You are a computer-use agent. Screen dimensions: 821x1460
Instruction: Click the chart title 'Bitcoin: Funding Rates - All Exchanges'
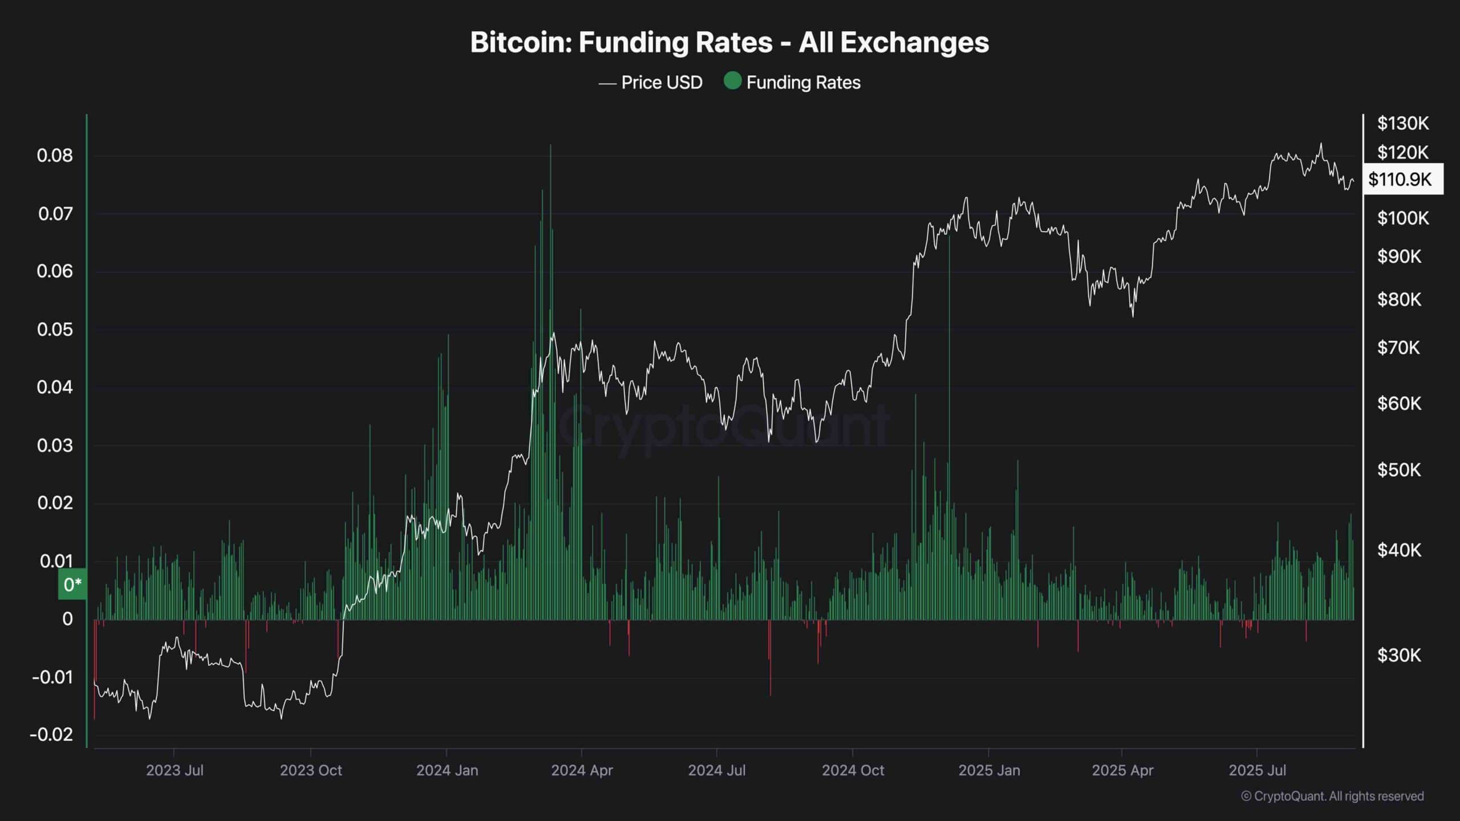[729, 43]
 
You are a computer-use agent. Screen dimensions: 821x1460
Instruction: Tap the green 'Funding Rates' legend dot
[732, 81]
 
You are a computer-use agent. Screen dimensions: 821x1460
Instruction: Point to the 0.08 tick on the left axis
[55, 155]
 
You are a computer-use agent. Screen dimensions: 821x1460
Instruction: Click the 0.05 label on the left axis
[55, 330]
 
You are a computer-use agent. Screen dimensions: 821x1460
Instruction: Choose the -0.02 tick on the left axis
[52, 734]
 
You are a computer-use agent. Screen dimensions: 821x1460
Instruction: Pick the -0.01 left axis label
[52, 677]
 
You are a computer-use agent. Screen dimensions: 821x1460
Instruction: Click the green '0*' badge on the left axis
[72, 584]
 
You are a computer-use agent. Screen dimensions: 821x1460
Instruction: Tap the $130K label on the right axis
[1403, 123]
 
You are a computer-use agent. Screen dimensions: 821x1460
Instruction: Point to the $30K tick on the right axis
[1399, 655]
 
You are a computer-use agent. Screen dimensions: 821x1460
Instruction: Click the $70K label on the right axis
[1399, 347]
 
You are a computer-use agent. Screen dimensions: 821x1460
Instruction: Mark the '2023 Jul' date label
[175, 770]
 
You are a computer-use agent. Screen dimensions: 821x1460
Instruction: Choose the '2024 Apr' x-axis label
[582, 770]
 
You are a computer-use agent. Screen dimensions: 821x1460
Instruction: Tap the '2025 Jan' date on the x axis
[989, 770]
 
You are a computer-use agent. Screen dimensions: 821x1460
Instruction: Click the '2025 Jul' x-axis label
[1257, 770]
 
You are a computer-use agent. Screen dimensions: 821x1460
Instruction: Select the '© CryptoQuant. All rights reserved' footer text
[1332, 796]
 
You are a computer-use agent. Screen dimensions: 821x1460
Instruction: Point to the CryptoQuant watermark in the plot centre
[723, 425]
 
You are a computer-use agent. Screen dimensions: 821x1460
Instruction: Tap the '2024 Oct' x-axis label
[853, 770]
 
